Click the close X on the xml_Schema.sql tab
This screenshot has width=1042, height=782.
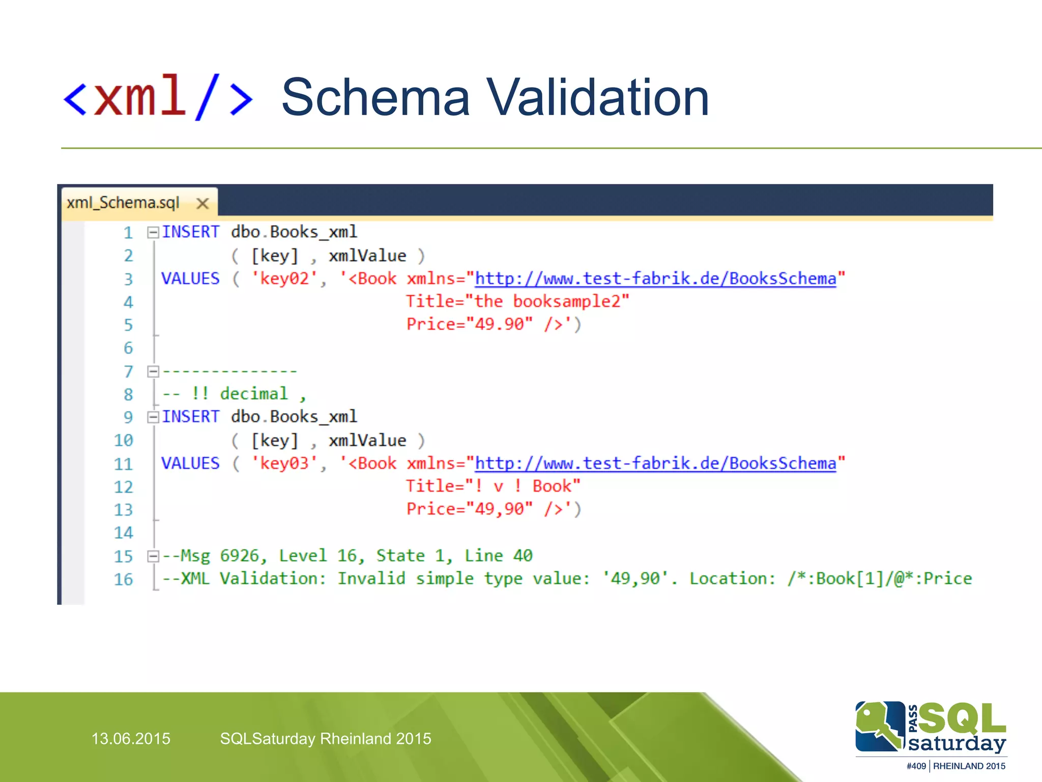click(x=202, y=204)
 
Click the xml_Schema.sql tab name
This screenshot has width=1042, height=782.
click(x=123, y=203)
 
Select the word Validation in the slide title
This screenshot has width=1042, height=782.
click(x=597, y=97)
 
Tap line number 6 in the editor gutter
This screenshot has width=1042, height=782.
click(x=128, y=348)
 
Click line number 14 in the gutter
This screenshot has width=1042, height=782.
click(x=124, y=533)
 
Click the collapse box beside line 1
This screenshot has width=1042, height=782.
click(x=153, y=233)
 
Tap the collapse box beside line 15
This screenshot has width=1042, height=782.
click(x=153, y=556)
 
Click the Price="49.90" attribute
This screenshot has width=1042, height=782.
click(x=469, y=324)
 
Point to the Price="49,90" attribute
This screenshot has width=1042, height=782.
click(x=469, y=509)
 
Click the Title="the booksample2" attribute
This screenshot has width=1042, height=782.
click(x=517, y=301)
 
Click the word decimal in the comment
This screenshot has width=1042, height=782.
click(x=254, y=394)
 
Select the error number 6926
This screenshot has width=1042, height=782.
click(x=239, y=555)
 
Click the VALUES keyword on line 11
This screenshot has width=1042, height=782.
click(x=190, y=463)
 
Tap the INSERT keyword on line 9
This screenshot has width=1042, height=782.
click(x=190, y=417)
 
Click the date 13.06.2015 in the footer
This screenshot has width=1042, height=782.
click(x=131, y=739)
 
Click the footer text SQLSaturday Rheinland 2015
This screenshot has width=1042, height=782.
click(x=326, y=739)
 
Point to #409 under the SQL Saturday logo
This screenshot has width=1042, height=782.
click(x=916, y=766)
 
